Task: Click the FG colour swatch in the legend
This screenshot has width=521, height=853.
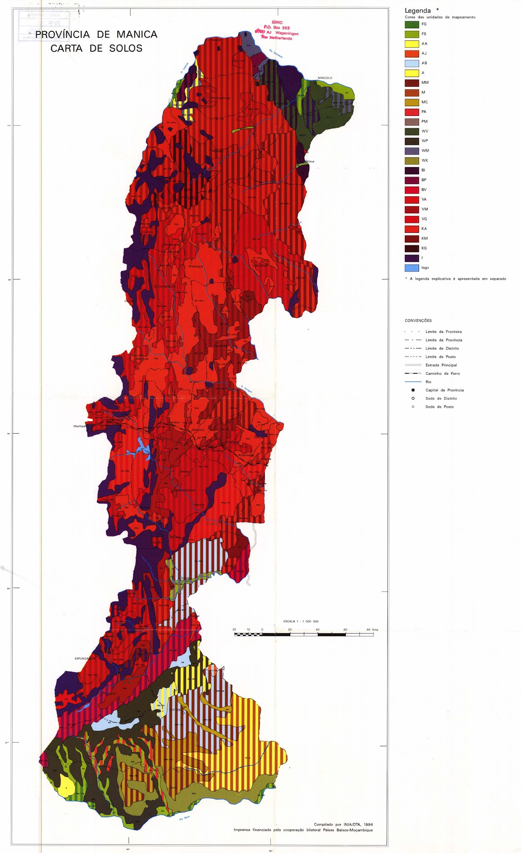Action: pyautogui.click(x=411, y=24)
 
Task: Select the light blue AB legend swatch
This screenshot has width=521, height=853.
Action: pyautogui.click(x=411, y=63)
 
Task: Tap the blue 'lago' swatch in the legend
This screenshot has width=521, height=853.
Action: pyautogui.click(x=411, y=268)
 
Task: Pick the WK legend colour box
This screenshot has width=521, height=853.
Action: pyautogui.click(x=411, y=161)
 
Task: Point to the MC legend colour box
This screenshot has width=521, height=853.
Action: pyautogui.click(x=411, y=102)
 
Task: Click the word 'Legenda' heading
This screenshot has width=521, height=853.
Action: pyautogui.click(x=418, y=11)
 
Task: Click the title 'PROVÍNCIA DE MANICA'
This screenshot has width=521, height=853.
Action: pyautogui.click(x=96, y=35)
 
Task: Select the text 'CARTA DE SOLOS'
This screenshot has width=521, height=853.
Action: pyautogui.click(x=96, y=48)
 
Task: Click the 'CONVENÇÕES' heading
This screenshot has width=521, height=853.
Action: pyautogui.click(x=418, y=321)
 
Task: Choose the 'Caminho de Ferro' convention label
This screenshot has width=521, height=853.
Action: pyautogui.click(x=442, y=374)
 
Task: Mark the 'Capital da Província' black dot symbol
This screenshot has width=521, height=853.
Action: pyautogui.click(x=413, y=390)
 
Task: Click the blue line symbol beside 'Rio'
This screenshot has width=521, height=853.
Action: pyautogui.click(x=413, y=382)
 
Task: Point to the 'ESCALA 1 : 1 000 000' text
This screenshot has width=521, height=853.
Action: pyautogui.click(x=301, y=621)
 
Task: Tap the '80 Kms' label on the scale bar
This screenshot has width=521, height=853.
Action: pyautogui.click(x=372, y=630)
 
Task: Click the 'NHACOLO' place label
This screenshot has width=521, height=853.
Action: pyautogui.click(x=325, y=78)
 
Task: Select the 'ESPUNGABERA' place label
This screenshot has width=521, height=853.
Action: pyautogui.click(x=85, y=658)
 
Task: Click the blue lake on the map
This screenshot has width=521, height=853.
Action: pyautogui.click(x=143, y=448)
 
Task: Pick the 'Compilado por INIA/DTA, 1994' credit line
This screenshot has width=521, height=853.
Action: pyautogui.click(x=343, y=824)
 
